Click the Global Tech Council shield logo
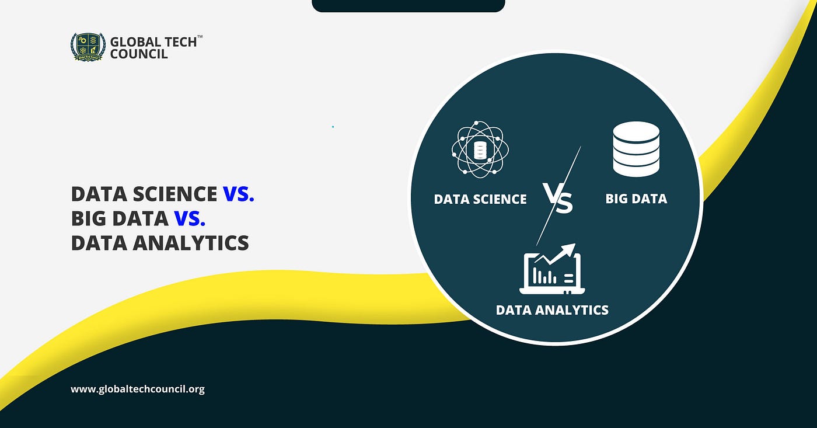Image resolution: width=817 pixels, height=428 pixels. click(88, 47)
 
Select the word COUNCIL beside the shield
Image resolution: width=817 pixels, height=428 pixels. click(139, 54)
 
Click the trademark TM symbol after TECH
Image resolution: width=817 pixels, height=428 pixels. click(200, 37)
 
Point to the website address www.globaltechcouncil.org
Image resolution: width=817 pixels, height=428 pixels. click(138, 389)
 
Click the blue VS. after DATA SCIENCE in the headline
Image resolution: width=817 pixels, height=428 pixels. click(239, 193)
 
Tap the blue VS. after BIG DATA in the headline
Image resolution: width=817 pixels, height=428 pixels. click(190, 218)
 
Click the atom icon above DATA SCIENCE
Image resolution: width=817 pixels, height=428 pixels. click(480, 148)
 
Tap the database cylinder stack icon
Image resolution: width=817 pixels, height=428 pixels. click(636, 148)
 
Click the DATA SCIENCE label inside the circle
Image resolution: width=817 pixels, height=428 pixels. click(480, 199)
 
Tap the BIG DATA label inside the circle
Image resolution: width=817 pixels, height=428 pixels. click(636, 199)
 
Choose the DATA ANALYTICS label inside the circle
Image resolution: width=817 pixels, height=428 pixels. click(552, 309)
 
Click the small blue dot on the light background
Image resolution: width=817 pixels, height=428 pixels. click(333, 126)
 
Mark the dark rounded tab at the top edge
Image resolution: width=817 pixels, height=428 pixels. click(408, 6)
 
